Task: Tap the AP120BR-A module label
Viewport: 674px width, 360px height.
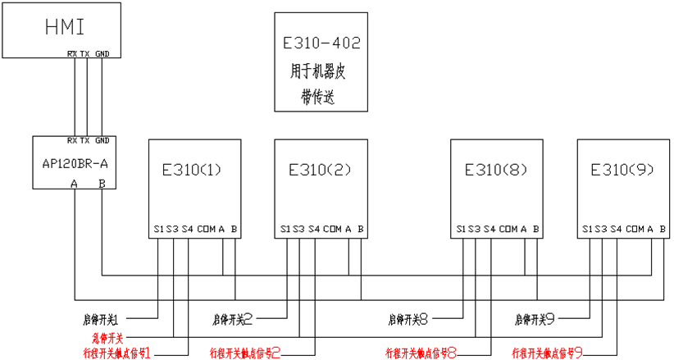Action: pyautogui.click(x=75, y=163)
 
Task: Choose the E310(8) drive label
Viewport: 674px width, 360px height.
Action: pyautogui.click(x=495, y=171)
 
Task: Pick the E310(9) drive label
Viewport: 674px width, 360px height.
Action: pyautogui.click(x=622, y=171)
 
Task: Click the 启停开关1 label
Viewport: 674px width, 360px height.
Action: pyautogui.click(x=125, y=317)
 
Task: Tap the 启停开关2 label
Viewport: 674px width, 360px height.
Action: pyautogui.click(x=232, y=317)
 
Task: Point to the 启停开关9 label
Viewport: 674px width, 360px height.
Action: pyautogui.click(x=536, y=317)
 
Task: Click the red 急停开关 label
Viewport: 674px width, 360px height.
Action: pyautogui.click(x=107, y=337)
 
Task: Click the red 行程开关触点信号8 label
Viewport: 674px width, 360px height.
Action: pyautogui.click(x=421, y=353)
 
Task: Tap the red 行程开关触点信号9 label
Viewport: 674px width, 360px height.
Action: pyautogui.click(x=548, y=353)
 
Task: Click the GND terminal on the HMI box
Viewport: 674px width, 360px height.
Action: pyautogui.click(x=102, y=54)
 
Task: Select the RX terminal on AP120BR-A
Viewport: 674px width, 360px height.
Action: pyautogui.click(x=73, y=140)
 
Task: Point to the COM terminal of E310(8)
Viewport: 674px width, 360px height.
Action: pyautogui.click(x=508, y=228)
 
